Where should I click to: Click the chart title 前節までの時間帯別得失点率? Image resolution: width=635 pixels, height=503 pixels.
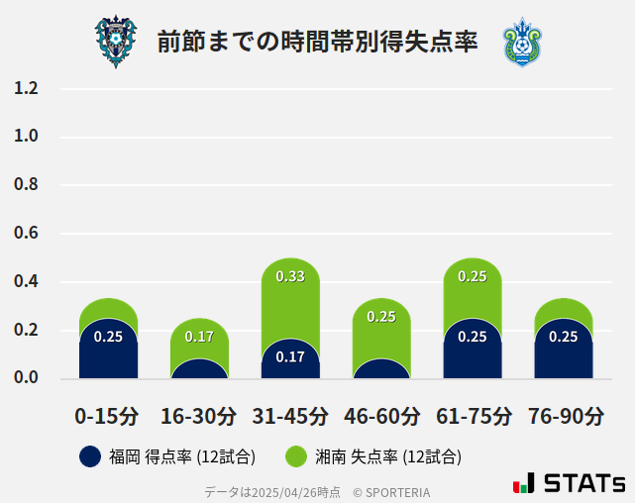pyautogui.click(x=317, y=43)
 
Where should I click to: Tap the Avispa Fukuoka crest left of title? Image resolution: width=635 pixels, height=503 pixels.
pyautogui.click(x=116, y=42)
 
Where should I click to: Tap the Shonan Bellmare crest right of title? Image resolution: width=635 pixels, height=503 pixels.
pyautogui.click(x=521, y=42)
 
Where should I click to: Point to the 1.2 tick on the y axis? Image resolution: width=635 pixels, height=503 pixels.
pyautogui.click(x=26, y=88)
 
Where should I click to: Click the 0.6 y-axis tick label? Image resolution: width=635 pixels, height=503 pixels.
pyautogui.click(x=26, y=234)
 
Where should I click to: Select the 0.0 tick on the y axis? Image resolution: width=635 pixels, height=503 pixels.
pyautogui.click(x=26, y=378)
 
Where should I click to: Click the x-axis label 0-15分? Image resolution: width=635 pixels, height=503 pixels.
pyautogui.click(x=107, y=416)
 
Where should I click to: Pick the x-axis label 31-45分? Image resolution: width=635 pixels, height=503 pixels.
pyautogui.click(x=289, y=416)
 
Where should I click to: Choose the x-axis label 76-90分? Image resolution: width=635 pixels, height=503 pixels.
pyautogui.click(x=565, y=416)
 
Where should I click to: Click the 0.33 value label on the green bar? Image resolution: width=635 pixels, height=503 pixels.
pyautogui.click(x=290, y=276)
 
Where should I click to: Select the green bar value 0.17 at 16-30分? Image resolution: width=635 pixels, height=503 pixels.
pyautogui.click(x=199, y=337)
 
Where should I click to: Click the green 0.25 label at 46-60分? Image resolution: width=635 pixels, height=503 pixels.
pyautogui.click(x=381, y=317)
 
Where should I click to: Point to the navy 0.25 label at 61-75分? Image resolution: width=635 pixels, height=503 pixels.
pyautogui.click(x=473, y=337)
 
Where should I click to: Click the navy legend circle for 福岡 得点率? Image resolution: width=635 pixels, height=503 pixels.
pyautogui.click(x=89, y=456)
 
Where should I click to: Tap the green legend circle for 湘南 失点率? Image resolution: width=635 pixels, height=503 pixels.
pyautogui.click(x=296, y=456)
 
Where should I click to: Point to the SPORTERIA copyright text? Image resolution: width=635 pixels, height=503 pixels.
pyautogui.click(x=391, y=492)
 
